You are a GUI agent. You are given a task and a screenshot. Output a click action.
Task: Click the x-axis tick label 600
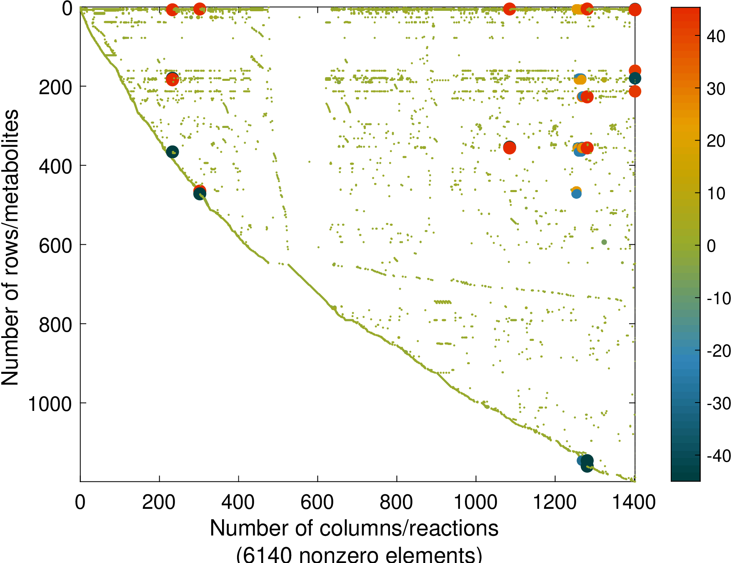[x=317, y=502]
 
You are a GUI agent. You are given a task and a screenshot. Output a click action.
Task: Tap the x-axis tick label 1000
[x=475, y=502]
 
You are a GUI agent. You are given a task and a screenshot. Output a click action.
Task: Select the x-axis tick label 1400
[x=634, y=502]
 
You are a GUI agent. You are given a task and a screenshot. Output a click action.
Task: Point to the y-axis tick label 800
[x=55, y=325]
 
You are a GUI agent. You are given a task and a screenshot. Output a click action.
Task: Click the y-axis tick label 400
[x=55, y=166]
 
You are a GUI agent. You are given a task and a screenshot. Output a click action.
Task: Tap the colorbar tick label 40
[x=716, y=37]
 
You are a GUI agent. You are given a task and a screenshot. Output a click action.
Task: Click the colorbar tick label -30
[x=718, y=403]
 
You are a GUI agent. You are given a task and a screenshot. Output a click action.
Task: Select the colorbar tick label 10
[x=716, y=194]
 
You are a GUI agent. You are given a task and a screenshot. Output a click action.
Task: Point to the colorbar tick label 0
[x=712, y=246]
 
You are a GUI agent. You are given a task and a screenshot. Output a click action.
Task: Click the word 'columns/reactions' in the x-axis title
[x=409, y=528]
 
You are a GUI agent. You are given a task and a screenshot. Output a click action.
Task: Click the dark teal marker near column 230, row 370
[x=172, y=152]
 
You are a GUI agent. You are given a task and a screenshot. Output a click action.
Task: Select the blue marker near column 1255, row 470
[x=576, y=194]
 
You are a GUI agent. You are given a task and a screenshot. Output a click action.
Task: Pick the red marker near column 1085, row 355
[x=510, y=148]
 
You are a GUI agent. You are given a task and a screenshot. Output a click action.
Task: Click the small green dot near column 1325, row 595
[x=604, y=242]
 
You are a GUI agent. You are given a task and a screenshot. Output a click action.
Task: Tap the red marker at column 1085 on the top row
[x=510, y=9]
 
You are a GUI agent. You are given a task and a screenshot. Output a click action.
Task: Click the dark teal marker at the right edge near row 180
[x=635, y=78]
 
